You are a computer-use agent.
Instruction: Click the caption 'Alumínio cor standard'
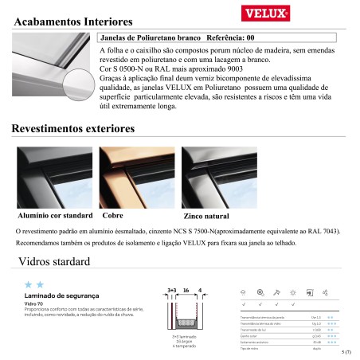tap(56, 216)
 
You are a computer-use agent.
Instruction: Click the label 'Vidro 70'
tap(34, 303)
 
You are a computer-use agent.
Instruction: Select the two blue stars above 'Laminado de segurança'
tap(33, 284)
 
